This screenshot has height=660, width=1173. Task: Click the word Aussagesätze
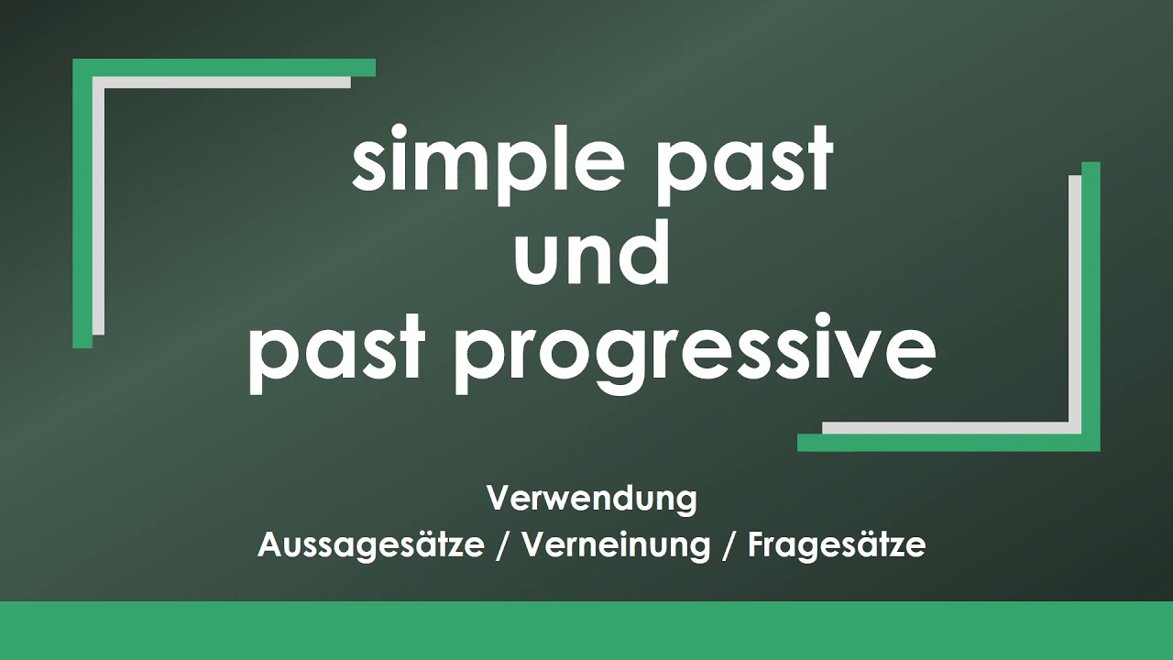pos(371,544)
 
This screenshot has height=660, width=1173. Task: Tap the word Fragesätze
pos(837,544)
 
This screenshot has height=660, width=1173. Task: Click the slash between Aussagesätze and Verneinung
pos(503,545)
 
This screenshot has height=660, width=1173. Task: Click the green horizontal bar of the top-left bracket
pos(225,68)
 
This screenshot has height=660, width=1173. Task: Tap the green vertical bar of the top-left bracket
pos(82,203)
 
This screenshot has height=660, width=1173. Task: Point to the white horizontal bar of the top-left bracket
pos(222,82)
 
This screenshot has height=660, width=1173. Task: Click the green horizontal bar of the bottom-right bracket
pos(948,443)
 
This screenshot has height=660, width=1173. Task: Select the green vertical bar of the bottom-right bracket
pos(1091,306)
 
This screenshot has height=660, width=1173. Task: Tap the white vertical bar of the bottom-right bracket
pos(1075,304)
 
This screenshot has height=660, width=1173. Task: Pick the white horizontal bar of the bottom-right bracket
pos(951,428)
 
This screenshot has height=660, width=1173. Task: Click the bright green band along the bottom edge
pos(586,631)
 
